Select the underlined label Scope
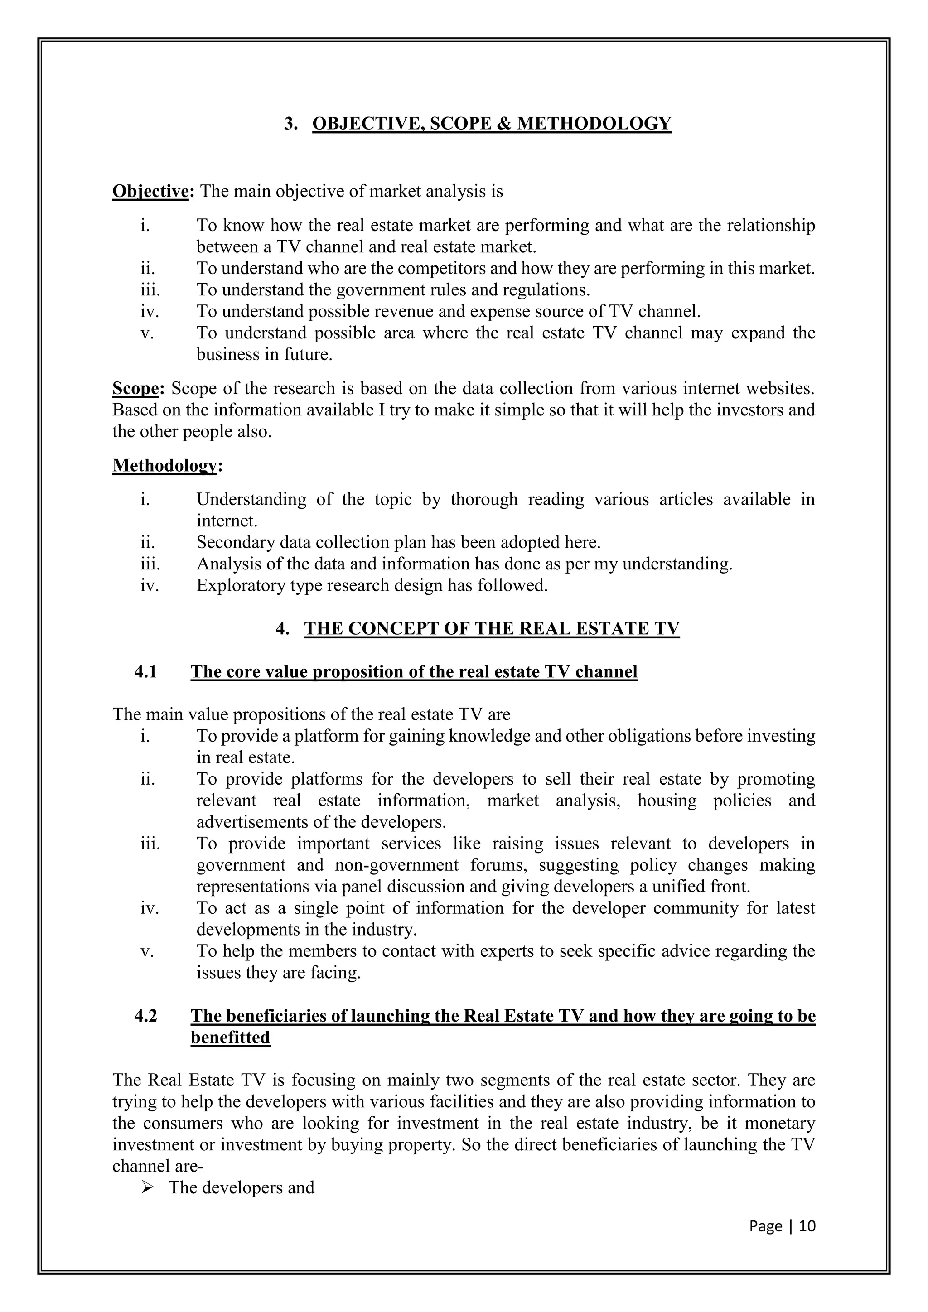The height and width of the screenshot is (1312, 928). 135,389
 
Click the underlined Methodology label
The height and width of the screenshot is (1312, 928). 164,466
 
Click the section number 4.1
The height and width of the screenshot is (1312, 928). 146,671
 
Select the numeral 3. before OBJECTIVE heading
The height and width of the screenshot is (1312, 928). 291,124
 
